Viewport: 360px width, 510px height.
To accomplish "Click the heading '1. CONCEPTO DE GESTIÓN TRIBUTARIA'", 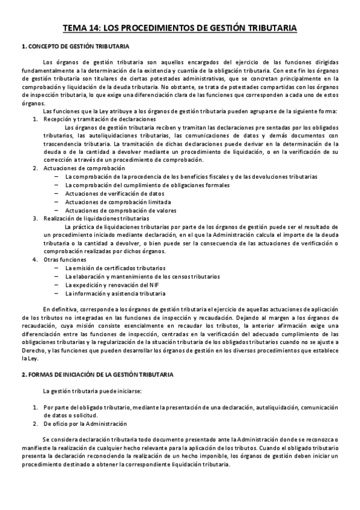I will pos(74,47).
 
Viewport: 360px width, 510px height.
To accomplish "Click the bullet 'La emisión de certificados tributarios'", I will pos(115,268).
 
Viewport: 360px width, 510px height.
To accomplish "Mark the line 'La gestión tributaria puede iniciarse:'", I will pos(84,391).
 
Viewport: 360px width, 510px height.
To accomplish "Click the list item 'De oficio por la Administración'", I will pos(85,423).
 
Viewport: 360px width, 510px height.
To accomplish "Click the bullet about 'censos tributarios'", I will pos(142,276).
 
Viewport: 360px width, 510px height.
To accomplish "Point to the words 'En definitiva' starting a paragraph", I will pos(62,309).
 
